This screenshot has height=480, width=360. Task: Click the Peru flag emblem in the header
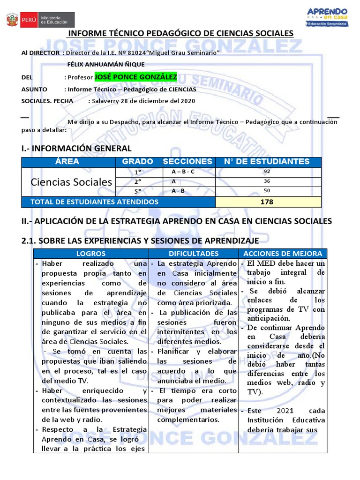[12, 20]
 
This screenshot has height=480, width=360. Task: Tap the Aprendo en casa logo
[327, 17]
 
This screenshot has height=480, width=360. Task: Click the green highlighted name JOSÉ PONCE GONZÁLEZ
[135, 77]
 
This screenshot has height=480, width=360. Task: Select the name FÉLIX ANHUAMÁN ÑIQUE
[106, 65]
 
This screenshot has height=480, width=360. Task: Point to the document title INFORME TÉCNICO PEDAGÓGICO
[180, 33]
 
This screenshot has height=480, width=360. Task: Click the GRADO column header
[137, 162]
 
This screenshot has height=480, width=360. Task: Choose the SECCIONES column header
[187, 162]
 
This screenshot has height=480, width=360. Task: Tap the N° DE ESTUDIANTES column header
[267, 162]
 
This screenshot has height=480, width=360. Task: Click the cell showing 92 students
[267, 172]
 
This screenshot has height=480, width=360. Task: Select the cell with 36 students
[267, 181]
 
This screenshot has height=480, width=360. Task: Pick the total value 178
[267, 202]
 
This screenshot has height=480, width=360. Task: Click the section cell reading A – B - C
[183, 172]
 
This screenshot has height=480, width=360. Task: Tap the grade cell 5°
[138, 191]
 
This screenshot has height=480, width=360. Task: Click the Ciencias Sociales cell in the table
[71, 182]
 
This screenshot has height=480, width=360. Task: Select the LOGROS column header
[91, 254]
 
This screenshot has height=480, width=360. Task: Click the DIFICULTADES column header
[194, 254]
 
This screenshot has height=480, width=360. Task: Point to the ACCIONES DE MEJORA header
[283, 254]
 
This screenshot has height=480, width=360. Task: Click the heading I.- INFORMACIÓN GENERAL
[76, 149]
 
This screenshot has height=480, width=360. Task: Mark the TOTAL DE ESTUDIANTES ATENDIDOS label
[94, 202]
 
